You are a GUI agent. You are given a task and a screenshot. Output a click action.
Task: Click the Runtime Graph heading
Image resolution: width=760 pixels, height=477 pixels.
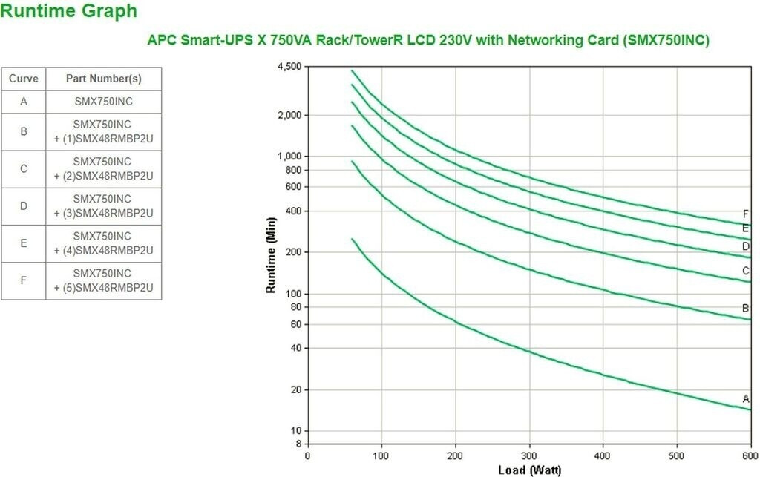click(69, 11)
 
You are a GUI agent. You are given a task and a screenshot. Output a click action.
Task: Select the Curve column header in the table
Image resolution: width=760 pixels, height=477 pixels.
click(24, 78)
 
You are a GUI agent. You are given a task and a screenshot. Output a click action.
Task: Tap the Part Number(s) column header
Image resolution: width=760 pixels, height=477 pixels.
click(103, 78)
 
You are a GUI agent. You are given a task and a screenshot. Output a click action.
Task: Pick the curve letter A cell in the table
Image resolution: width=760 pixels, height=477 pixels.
click(24, 101)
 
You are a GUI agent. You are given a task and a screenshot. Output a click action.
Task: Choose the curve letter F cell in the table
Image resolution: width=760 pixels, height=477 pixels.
click(24, 280)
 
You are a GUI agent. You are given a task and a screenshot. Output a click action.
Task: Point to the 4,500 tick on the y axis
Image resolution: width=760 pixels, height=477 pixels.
click(289, 67)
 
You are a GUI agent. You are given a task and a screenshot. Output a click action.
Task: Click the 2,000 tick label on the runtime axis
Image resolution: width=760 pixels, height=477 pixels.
click(289, 115)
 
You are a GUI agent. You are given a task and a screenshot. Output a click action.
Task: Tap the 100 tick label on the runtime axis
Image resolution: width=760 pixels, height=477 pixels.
click(293, 294)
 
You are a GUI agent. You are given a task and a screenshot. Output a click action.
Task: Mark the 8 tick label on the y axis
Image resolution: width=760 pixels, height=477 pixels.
click(298, 444)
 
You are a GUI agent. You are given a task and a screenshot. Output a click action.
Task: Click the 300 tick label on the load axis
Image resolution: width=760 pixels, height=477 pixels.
click(528, 455)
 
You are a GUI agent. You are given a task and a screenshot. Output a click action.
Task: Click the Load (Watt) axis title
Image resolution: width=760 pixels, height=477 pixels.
click(528, 470)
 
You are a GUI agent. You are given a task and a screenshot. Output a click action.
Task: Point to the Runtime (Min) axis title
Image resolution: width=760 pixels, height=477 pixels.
click(272, 256)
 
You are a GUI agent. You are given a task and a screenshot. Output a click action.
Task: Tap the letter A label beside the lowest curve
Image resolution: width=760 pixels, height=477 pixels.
click(746, 399)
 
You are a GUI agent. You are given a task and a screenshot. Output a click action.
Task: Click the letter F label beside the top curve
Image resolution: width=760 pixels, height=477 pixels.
click(746, 214)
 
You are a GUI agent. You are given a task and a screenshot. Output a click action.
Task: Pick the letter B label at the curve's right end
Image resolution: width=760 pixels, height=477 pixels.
click(746, 308)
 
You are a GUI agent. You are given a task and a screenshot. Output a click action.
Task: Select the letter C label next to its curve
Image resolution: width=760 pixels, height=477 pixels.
click(746, 271)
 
